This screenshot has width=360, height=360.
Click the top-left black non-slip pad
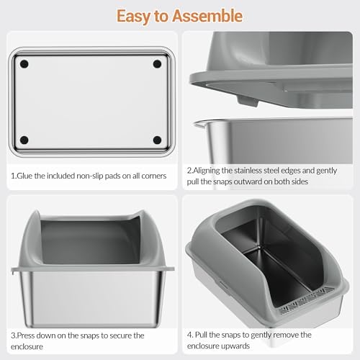coord(25,64)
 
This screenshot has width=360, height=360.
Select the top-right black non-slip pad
coord(157,64)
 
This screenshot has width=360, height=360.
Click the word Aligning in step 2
coord(212,171)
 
